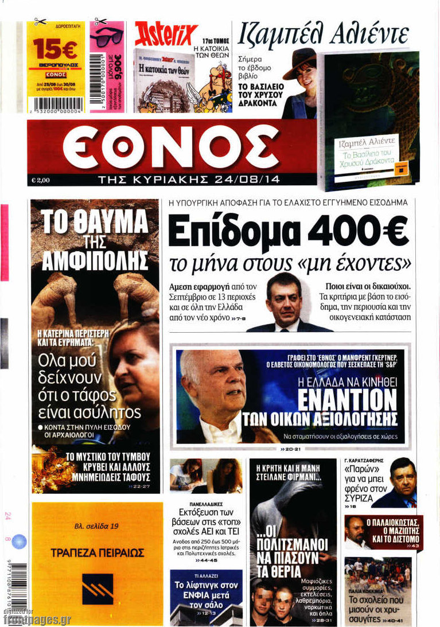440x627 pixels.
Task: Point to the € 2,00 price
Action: click(41, 180)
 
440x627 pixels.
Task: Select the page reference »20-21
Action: click(293, 449)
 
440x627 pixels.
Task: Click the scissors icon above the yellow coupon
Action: click(40, 21)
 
